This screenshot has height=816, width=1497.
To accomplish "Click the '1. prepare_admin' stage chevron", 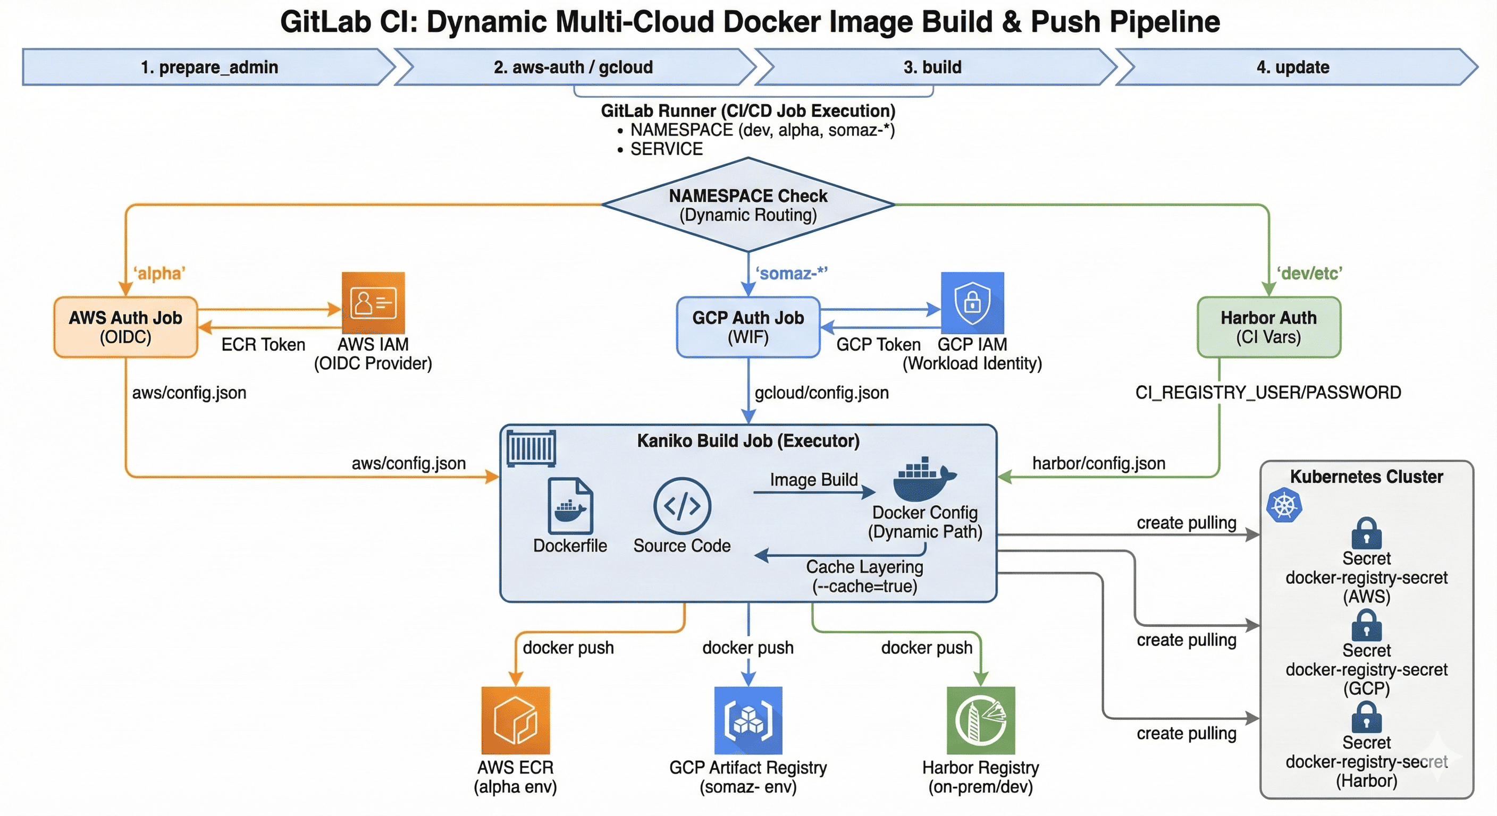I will pyautogui.click(x=209, y=67).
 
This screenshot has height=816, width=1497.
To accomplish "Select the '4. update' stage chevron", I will pyautogui.click(x=1293, y=67).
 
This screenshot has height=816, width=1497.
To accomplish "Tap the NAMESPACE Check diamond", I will pyautogui.click(x=748, y=205).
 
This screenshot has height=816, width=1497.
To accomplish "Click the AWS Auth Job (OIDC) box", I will pyautogui.click(x=125, y=327).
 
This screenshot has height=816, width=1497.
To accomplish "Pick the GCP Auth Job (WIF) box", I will pyautogui.click(x=748, y=327).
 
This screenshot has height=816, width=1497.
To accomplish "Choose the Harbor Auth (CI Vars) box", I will pyautogui.click(x=1268, y=327).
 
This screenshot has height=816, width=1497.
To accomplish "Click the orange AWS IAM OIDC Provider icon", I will pyautogui.click(x=373, y=303).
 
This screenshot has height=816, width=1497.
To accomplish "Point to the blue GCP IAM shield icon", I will pyautogui.click(x=972, y=303).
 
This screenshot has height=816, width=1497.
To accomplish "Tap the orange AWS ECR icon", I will pyautogui.click(x=516, y=720).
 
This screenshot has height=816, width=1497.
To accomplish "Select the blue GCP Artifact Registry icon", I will pyautogui.click(x=748, y=720).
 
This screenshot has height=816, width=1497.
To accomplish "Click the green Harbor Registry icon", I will pyautogui.click(x=980, y=720).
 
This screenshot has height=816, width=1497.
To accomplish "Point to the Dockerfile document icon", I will pyautogui.click(x=570, y=506).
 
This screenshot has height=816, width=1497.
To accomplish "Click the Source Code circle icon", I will pyautogui.click(x=682, y=506).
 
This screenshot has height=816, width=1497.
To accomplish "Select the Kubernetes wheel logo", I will pyautogui.click(x=1284, y=505).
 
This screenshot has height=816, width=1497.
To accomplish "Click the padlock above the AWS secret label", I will pyautogui.click(x=1366, y=533).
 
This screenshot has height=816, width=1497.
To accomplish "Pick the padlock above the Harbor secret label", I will pyautogui.click(x=1366, y=717).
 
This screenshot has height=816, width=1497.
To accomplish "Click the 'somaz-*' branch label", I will pyautogui.click(x=791, y=273).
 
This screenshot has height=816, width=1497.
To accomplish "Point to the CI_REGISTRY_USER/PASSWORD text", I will pyautogui.click(x=1268, y=393).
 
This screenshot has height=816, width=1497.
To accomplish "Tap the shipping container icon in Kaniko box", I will pyautogui.click(x=531, y=448).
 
